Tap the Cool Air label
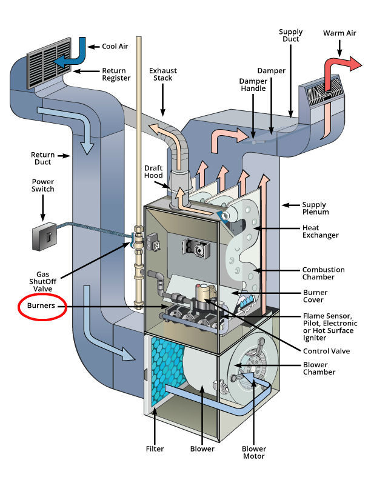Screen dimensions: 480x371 pyautogui.click(x=113, y=45)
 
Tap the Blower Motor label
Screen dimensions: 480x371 pyautogui.click(x=254, y=453)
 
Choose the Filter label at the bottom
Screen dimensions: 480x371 pyautogui.click(x=155, y=449)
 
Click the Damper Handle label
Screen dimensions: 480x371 pyautogui.click(x=238, y=85)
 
